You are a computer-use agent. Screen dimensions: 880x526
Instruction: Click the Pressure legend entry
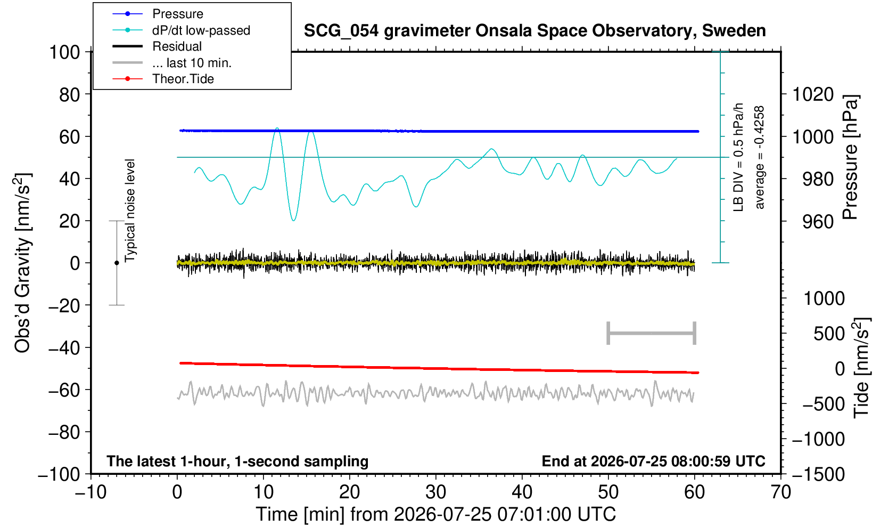click(x=178, y=14)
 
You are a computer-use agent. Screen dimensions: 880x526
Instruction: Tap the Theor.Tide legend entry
click(x=183, y=79)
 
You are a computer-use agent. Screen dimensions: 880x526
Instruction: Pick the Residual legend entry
click(x=177, y=46)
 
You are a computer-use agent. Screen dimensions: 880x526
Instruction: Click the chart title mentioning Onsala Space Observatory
click(x=534, y=30)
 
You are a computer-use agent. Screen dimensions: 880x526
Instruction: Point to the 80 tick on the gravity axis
click(x=70, y=94)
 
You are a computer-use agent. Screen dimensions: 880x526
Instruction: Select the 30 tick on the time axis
click(x=435, y=492)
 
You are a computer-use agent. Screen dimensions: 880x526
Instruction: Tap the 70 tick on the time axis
click(x=780, y=492)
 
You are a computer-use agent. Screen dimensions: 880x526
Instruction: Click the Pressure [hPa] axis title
click(x=851, y=157)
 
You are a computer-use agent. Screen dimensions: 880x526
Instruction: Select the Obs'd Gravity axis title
click(x=23, y=263)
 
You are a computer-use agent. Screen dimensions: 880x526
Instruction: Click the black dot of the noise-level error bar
click(x=117, y=263)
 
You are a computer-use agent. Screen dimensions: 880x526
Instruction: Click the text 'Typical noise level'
click(x=130, y=211)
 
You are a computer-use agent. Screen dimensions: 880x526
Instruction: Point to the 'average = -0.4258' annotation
click(x=759, y=157)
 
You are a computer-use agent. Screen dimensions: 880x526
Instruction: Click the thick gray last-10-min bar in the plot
click(x=652, y=333)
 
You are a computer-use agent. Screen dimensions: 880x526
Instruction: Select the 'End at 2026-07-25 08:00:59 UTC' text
click(x=653, y=461)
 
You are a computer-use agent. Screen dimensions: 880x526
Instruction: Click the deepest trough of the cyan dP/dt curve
click(x=293, y=220)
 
